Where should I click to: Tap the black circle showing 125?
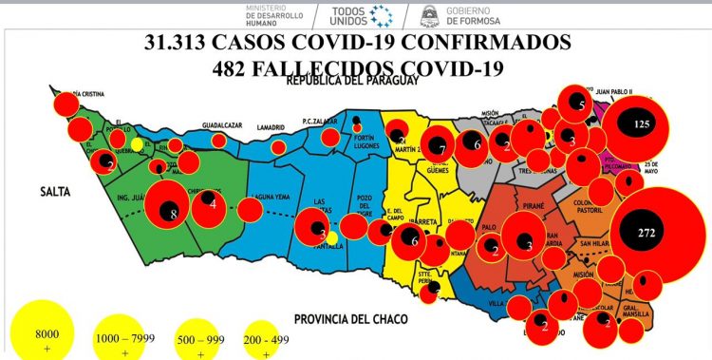[x=642, y=124]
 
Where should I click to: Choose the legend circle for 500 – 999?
[x=202, y=341]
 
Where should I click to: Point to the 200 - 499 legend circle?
[x=267, y=340]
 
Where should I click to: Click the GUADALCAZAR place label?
[x=223, y=124]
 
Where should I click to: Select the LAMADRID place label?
[x=272, y=126]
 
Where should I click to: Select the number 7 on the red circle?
[x=441, y=148]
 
